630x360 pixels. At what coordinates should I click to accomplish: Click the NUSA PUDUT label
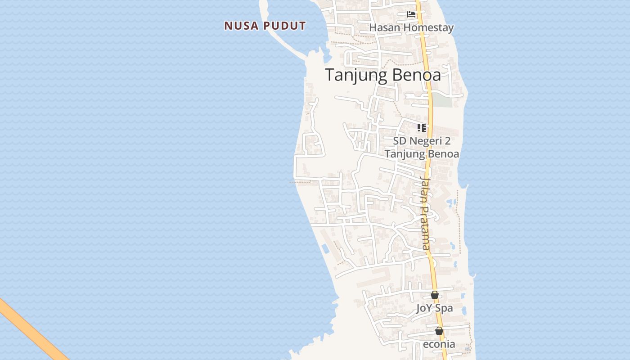[x=265, y=26]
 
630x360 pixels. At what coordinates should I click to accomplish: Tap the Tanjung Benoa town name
[x=383, y=75]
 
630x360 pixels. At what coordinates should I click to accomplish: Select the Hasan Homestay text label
[x=411, y=27]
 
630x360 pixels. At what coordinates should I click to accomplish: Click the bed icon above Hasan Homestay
[x=411, y=14]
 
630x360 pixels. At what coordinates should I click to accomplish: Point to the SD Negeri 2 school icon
[x=421, y=128]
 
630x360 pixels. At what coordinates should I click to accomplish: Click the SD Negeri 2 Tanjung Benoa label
[x=422, y=147]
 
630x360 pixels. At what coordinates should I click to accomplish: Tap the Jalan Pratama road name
[x=425, y=213]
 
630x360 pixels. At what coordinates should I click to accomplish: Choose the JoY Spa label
[x=434, y=308]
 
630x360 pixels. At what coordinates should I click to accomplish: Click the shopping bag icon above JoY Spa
[x=435, y=295]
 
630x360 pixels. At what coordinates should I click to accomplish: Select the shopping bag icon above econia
[x=439, y=331]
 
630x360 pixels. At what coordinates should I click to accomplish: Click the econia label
[x=439, y=344]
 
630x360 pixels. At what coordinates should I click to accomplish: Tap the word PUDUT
[x=284, y=26]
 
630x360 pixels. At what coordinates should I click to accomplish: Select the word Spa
[x=444, y=308]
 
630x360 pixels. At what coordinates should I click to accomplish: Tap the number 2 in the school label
[x=447, y=141]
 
